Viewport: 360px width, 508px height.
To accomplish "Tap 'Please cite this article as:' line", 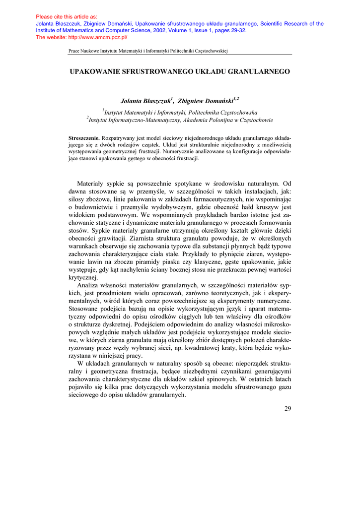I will [67, 16].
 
